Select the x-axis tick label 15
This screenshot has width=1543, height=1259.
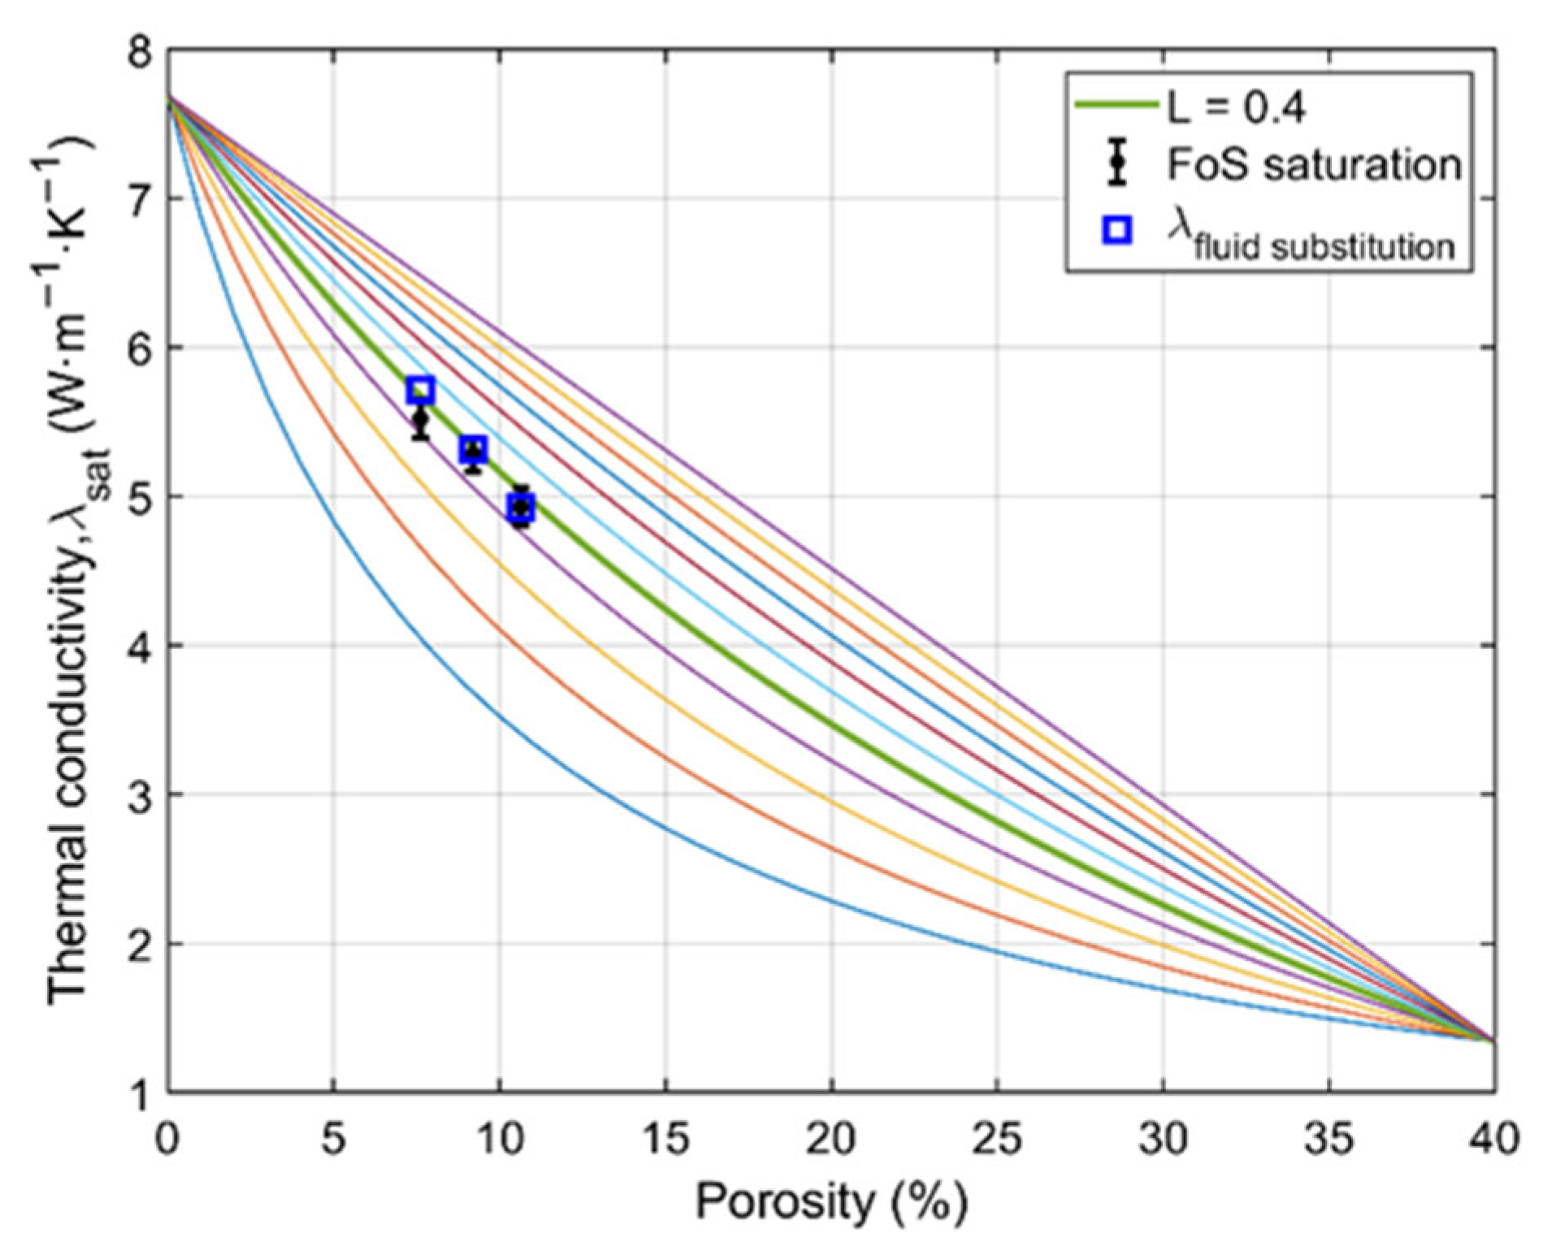click(x=665, y=1139)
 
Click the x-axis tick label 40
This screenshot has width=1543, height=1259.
click(x=1494, y=1139)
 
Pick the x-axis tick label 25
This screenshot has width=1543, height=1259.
click(x=997, y=1139)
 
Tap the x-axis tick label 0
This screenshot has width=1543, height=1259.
click(x=168, y=1139)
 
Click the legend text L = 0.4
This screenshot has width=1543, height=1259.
click(x=1236, y=106)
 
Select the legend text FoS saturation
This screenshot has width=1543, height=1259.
click(x=1314, y=165)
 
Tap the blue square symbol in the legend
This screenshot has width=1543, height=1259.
click(x=1119, y=230)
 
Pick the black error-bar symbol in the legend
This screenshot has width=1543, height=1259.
click(x=1119, y=162)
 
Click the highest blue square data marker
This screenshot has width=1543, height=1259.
click(x=421, y=391)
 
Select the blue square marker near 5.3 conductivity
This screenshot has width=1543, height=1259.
click(x=474, y=448)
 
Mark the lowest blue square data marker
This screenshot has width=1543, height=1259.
click(x=522, y=508)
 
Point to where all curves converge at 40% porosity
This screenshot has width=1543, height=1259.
click(x=1493, y=1041)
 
